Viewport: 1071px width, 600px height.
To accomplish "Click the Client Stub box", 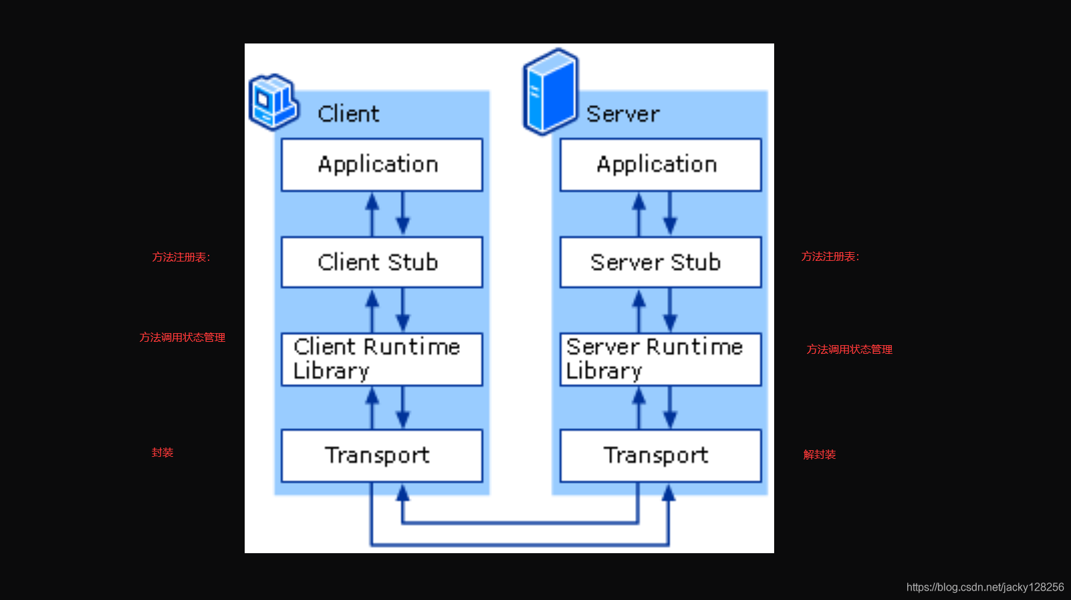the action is click(382, 262).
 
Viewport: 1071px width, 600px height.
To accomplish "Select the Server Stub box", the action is click(661, 262).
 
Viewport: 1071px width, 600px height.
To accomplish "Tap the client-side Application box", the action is click(382, 165).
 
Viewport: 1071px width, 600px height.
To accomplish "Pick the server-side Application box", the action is click(661, 165).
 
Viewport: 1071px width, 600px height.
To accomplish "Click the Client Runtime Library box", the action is click(382, 359).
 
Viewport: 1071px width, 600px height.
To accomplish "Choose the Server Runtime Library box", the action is click(661, 359).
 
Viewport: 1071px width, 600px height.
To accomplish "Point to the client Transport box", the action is click(382, 456).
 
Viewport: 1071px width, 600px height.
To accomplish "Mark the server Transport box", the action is click(661, 456).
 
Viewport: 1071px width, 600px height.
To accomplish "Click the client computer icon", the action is click(273, 102).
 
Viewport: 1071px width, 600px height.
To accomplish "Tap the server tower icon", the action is click(550, 92).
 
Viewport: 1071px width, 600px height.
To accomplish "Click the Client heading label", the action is click(348, 114).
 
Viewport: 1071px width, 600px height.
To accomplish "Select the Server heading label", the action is click(622, 114).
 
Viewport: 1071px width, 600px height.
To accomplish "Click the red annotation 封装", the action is click(162, 453).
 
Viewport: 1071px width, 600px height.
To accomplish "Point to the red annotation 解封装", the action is click(820, 455).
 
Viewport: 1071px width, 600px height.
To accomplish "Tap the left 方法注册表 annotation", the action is click(181, 258).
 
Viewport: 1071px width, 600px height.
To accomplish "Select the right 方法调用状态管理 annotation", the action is click(850, 350).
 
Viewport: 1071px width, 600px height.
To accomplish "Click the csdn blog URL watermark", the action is click(985, 587).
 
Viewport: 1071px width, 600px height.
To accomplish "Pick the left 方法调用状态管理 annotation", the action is click(182, 338).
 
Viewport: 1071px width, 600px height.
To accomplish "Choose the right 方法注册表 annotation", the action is click(830, 257).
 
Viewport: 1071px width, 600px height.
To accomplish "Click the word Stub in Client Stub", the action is click(412, 262).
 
